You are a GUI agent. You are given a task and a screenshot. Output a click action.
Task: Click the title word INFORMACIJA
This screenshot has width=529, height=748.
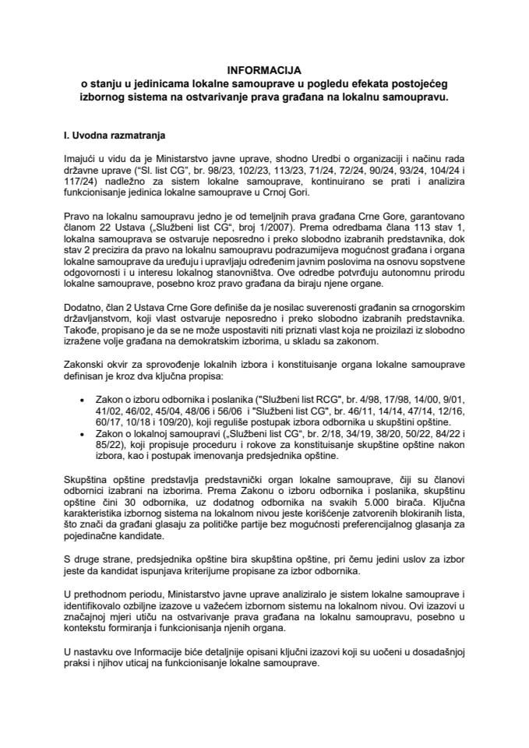tap(264, 69)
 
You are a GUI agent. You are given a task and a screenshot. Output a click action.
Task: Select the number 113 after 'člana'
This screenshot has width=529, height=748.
tap(393, 227)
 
